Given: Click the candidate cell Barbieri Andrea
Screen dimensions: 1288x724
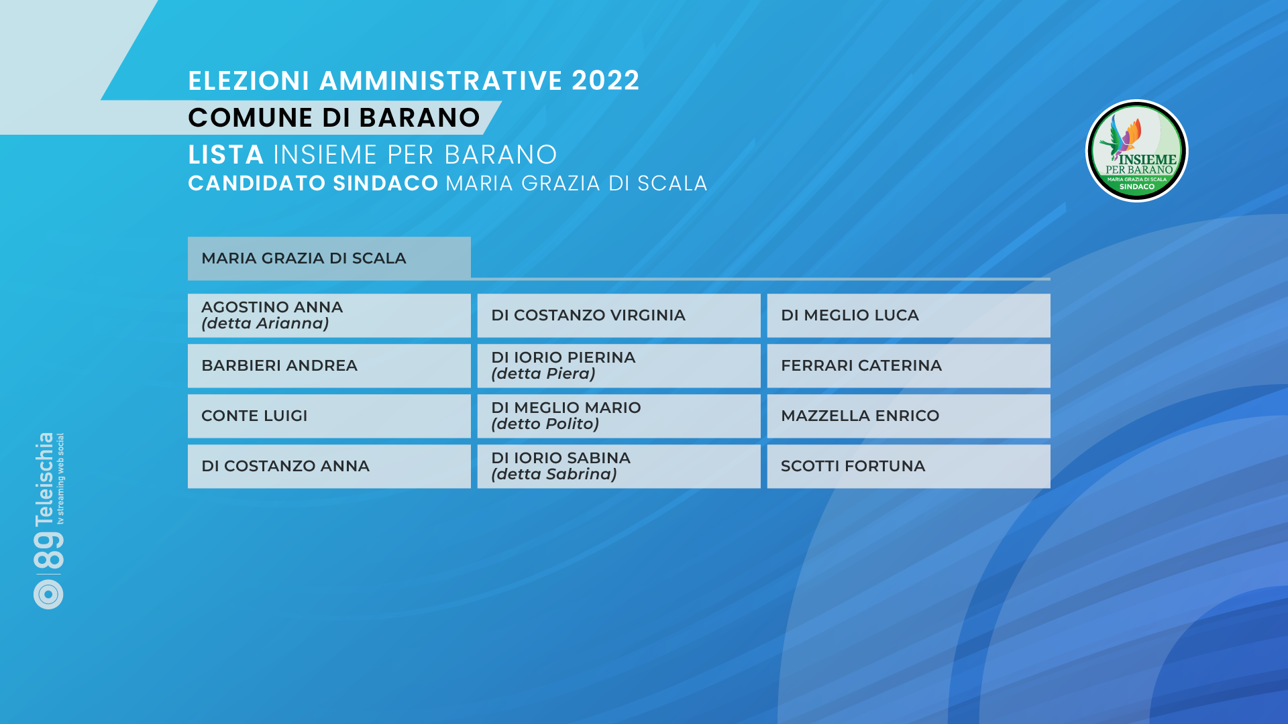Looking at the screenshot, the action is [x=329, y=366].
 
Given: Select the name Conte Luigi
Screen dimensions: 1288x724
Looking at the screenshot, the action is [x=254, y=416].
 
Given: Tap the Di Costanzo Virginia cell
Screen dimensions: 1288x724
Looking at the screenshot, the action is [x=619, y=316].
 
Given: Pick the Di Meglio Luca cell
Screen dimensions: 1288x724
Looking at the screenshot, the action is [x=908, y=316].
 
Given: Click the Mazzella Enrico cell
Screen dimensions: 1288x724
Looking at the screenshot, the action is [x=908, y=416].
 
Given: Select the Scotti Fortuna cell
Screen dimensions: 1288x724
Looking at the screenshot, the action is [x=908, y=467].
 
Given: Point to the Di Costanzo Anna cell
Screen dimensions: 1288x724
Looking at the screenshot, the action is [x=329, y=467].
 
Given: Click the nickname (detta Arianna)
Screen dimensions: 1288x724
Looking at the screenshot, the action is [x=265, y=324].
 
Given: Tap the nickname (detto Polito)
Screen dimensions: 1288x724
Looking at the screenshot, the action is [x=545, y=424].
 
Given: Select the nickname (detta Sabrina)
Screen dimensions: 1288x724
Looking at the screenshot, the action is [x=554, y=475].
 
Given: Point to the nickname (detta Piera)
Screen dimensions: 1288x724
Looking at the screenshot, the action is [x=543, y=374].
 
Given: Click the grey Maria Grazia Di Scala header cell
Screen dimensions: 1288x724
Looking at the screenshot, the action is [x=329, y=258].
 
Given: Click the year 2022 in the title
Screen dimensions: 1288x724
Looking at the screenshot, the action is [x=606, y=81].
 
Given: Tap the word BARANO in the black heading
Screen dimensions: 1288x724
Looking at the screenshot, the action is [x=420, y=118].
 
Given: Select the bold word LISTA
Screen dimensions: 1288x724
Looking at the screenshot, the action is [x=226, y=155].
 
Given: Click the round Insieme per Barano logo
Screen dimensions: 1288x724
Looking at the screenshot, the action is [x=1137, y=151].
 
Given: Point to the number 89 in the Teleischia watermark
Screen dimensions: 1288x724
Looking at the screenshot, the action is [x=48, y=551].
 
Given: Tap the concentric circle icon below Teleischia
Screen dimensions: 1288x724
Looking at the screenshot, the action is [x=48, y=594].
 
